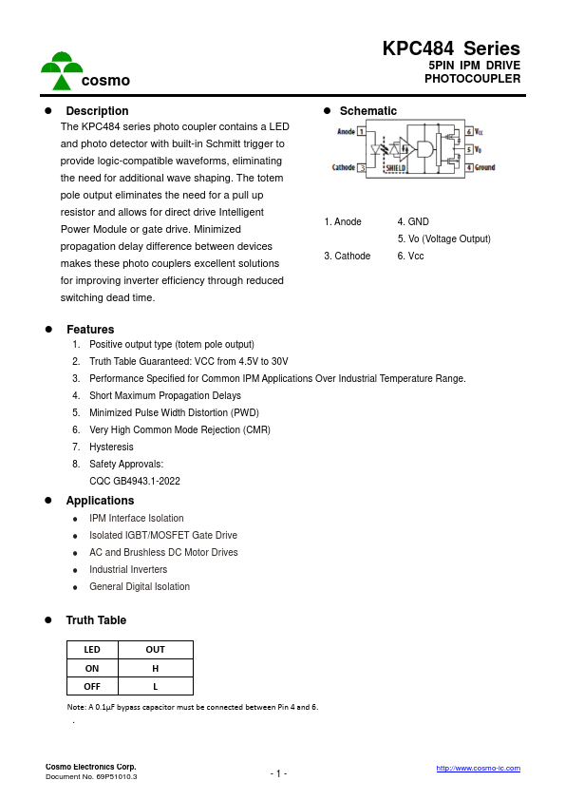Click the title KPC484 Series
point(451,48)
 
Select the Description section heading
point(97,111)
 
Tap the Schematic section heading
point(368,111)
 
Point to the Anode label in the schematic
point(346,132)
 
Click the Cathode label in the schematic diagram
point(343,167)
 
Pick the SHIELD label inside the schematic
point(395,167)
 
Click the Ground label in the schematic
point(485,167)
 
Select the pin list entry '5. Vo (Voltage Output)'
point(443,238)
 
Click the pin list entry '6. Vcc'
point(410,256)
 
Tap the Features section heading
point(90,330)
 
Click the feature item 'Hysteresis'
point(111,447)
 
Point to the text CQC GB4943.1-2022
point(135,481)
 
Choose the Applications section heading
point(100,501)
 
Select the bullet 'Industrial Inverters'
point(128,569)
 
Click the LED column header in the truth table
point(92,650)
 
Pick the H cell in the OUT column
point(155,668)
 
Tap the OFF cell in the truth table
point(92,686)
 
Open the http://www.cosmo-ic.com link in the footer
point(478,768)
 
